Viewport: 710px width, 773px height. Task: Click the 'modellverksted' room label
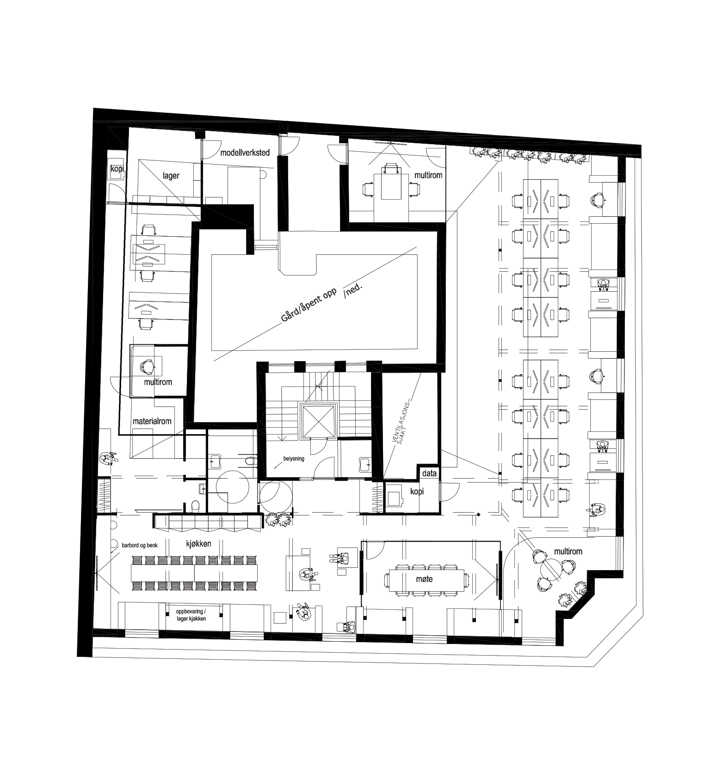click(245, 153)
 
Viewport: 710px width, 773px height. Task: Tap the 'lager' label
click(171, 176)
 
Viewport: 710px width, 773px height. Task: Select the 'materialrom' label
click(152, 421)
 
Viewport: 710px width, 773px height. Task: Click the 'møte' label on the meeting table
click(424, 578)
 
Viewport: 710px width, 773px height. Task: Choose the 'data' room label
click(429, 473)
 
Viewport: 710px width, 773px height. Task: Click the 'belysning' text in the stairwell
click(294, 459)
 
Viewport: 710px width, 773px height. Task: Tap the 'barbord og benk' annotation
click(140, 546)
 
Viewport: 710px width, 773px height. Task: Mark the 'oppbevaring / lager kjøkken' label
click(191, 614)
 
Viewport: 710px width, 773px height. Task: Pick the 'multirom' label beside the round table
click(568, 552)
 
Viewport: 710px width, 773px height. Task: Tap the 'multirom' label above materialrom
click(158, 382)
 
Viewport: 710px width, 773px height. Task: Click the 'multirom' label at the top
click(428, 175)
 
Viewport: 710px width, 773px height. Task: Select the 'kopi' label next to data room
click(417, 491)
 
